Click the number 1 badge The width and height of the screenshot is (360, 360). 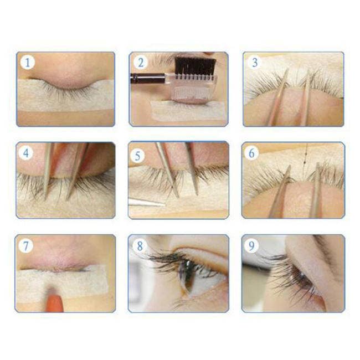[x=27, y=62]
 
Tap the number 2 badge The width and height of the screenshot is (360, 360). [x=140, y=62]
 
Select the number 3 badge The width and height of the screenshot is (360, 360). [x=254, y=62]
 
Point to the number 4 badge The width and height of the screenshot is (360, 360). [x=26, y=153]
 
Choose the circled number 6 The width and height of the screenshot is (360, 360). [x=252, y=153]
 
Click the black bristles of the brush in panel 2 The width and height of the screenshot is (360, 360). [x=195, y=67]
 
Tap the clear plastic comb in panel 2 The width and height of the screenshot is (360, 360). [x=192, y=89]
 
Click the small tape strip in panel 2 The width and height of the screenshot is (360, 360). [x=188, y=111]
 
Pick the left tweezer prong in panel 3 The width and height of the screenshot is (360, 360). [x=277, y=100]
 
